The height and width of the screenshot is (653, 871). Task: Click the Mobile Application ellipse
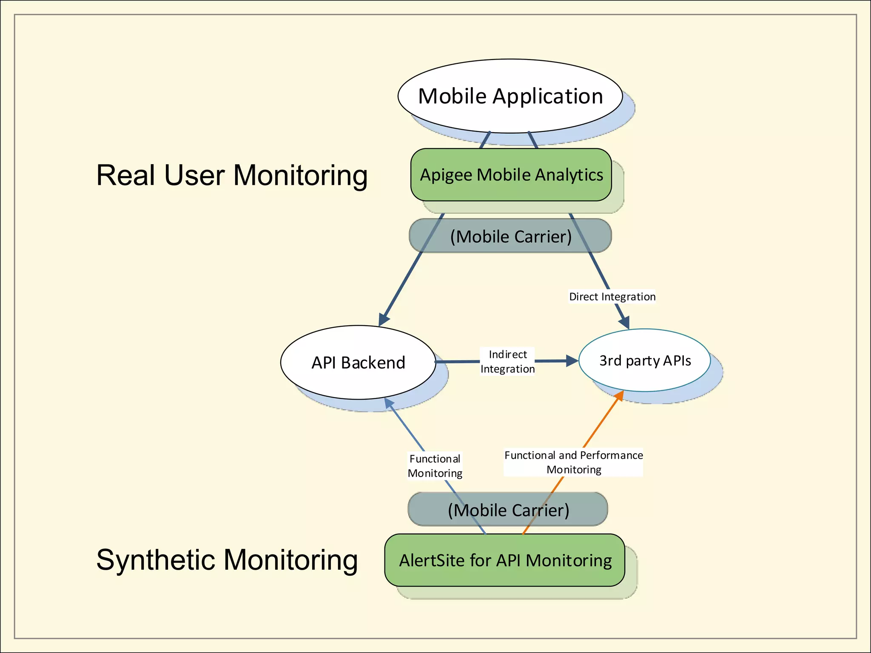coord(510,96)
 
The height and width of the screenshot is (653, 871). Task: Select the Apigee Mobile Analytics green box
coord(511,175)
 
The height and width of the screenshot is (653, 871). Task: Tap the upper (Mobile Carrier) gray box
coord(510,236)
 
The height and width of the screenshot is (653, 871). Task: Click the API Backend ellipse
coord(358,363)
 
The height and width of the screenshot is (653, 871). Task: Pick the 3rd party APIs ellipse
coord(644,361)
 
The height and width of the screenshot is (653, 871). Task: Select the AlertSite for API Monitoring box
coord(504,560)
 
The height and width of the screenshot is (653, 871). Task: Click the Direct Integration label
coord(612,297)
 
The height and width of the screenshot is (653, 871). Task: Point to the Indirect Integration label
coord(507,362)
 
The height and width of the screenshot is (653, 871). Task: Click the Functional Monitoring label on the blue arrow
coord(435,466)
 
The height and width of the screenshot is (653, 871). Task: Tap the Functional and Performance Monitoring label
coord(573,462)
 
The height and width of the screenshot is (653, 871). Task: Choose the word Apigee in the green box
coord(446,175)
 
